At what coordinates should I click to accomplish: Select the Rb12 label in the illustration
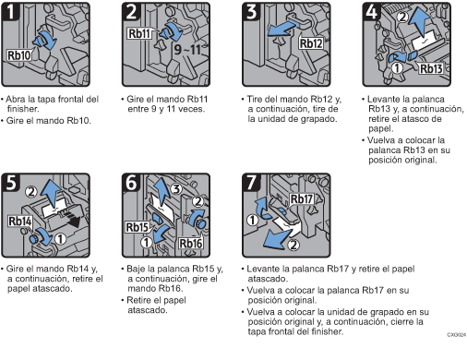311,42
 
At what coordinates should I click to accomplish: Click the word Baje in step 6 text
138,269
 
